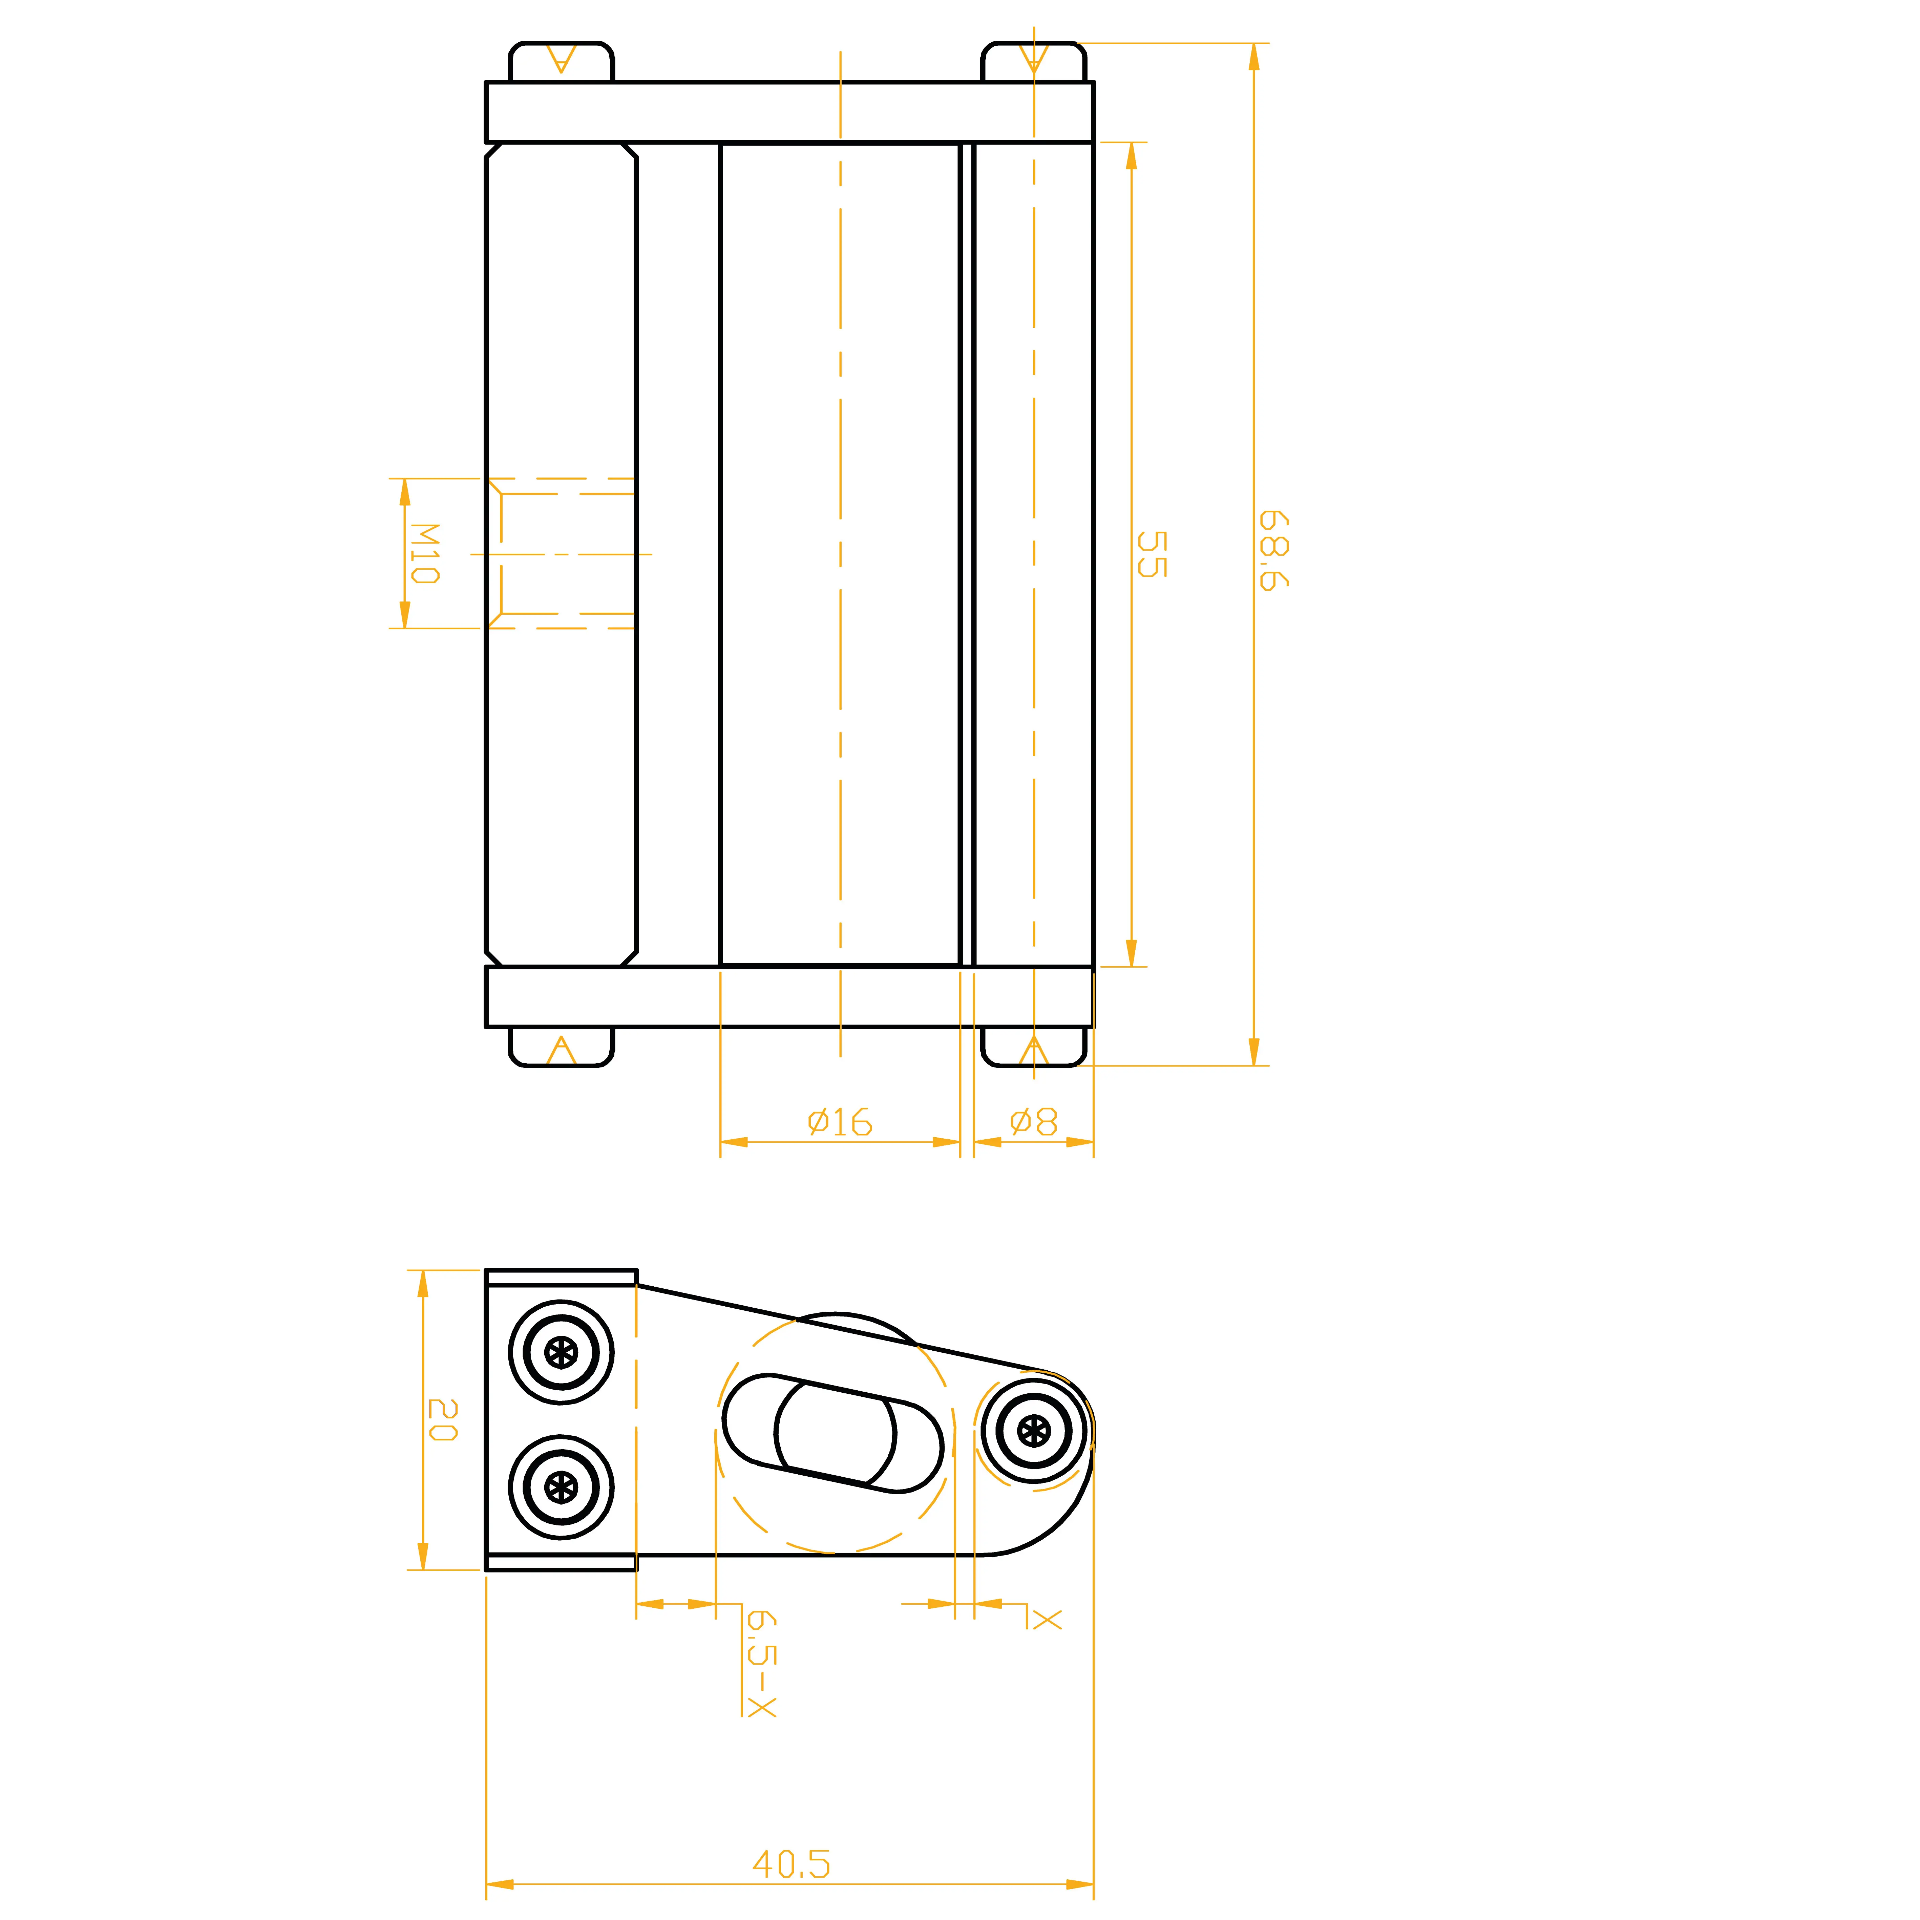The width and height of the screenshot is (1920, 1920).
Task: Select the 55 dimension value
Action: pyautogui.click(x=1152, y=553)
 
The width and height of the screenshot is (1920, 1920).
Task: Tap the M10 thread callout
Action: pyautogui.click(x=424, y=553)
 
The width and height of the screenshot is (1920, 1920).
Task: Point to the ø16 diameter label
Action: pyautogui.click(x=840, y=1122)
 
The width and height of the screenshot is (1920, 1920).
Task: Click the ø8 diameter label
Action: pyautogui.click(x=1034, y=1122)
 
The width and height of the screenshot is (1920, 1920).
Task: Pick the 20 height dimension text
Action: pyautogui.click(x=442, y=1420)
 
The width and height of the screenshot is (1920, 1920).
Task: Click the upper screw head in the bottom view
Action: pyautogui.click(x=562, y=1353)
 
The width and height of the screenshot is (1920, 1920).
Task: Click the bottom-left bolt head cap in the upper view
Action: pyautogui.click(x=562, y=1047)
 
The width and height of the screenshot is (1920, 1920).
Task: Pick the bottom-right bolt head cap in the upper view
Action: pyautogui.click(x=1034, y=1047)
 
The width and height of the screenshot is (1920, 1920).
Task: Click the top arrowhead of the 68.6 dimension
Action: pyautogui.click(x=1254, y=57)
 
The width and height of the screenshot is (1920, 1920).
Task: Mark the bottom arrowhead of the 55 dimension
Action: pyautogui.click(x=1131, y=952)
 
